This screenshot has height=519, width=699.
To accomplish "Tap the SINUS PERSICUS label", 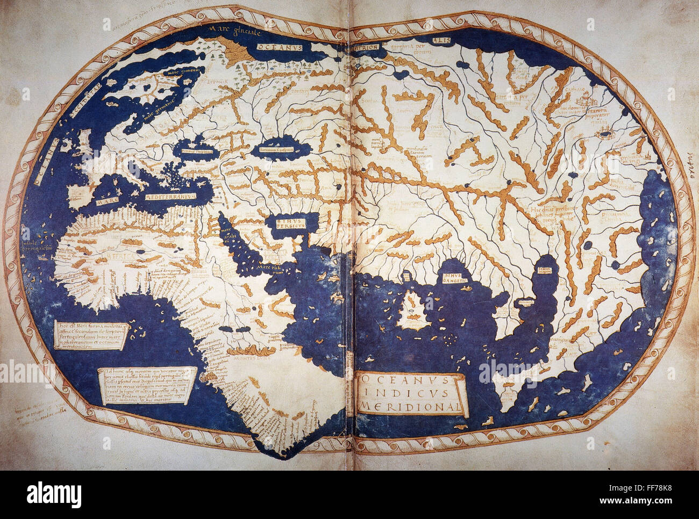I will coord(291,223).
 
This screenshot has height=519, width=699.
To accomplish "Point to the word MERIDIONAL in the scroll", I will coord(410,407).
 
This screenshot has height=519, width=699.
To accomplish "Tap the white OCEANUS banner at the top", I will coord(280,47).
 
